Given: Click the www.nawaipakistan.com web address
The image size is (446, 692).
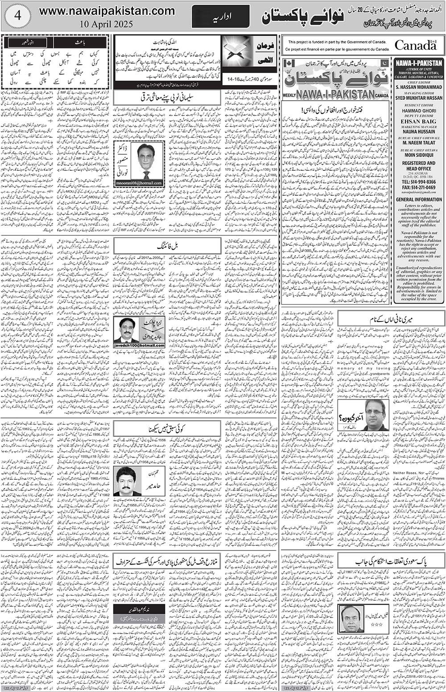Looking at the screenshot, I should click(x=107, y=10).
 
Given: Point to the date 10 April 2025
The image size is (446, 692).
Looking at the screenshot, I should click(x=107, y=24).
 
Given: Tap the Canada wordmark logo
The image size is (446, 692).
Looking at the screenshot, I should click(x=415, y=45).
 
